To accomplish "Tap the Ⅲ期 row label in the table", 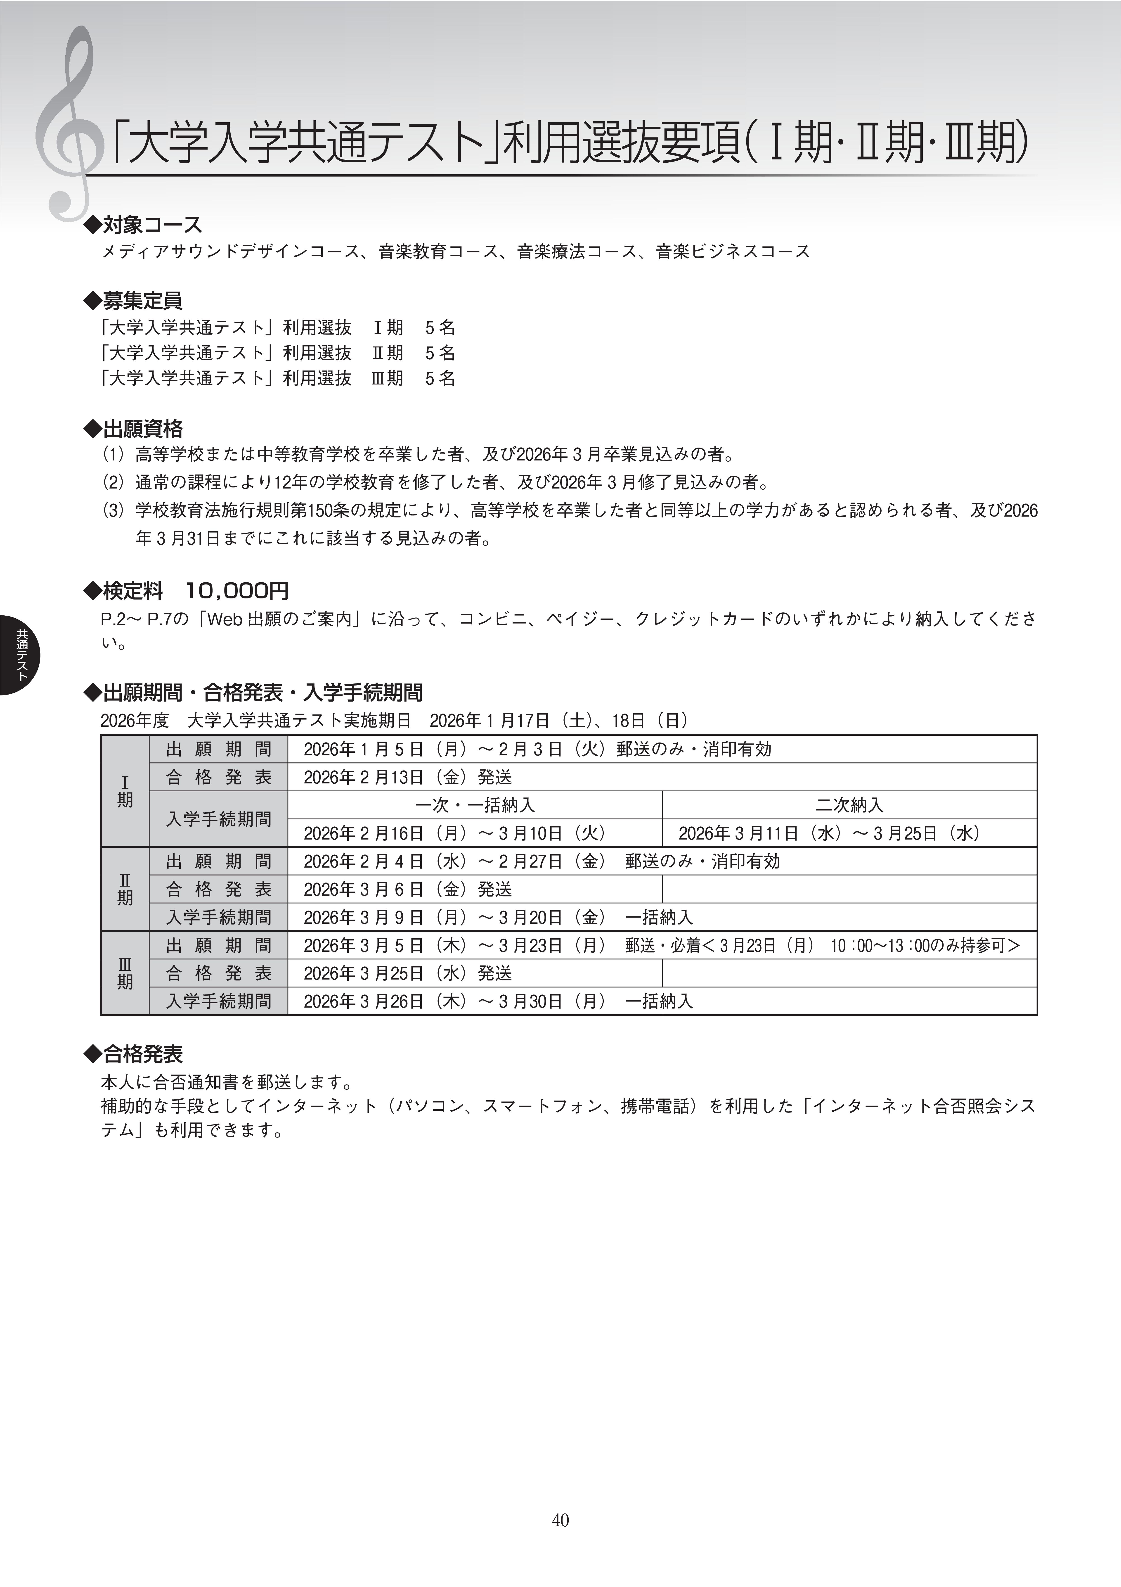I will [x=125, y=973].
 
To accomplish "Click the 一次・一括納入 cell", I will [x=475, y=805].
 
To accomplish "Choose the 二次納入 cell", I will [x=849, y=805].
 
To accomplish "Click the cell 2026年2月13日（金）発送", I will [x=408, y=778].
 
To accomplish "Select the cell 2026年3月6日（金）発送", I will [x=408, y=890].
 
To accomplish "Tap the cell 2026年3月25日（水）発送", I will [x=408, y=973].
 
